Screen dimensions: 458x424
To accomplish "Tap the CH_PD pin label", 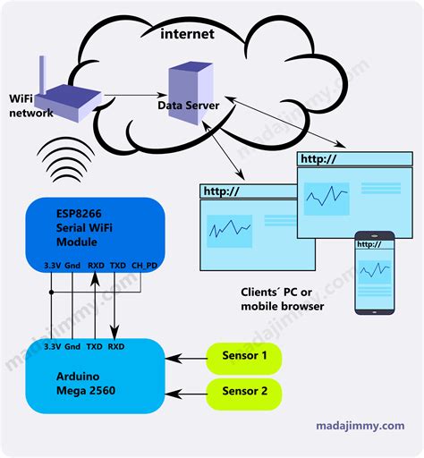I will [x=144, y=267].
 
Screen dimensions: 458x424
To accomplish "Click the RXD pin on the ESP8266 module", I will [x=96, y=267].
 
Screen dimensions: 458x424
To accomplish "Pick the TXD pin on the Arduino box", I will [x=93, y=345].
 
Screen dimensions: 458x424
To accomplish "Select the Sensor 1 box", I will [x=245, y=357].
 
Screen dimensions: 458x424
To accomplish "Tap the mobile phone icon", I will [x=374, y=273].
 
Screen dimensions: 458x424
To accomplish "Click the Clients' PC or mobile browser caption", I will [x=282, y=299].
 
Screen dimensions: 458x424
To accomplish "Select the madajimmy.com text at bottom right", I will [x=360, y=427].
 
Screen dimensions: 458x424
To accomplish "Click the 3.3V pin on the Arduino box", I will [x=51, y=345].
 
